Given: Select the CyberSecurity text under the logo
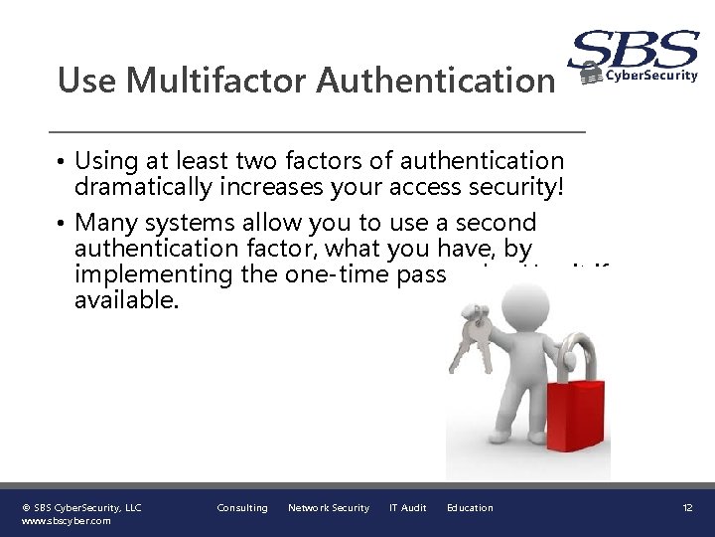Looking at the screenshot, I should click(651, 76).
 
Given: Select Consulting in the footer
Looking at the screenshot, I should click(242, 508).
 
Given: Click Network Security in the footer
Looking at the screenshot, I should click(329, 508).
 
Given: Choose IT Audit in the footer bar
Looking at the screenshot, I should click(407, 508).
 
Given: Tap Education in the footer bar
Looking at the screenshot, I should click(470, 508).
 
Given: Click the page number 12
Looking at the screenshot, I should click(687, 508).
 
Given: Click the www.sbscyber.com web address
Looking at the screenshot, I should click(67, 520).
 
